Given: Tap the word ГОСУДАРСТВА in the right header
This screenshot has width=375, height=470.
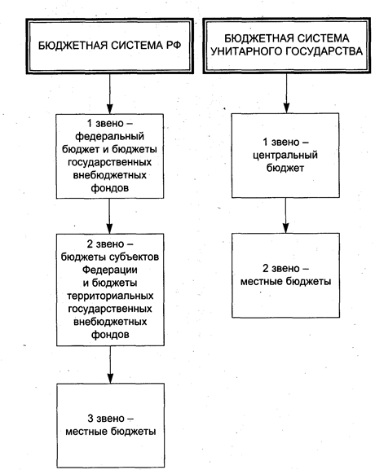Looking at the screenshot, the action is tap(324, 51).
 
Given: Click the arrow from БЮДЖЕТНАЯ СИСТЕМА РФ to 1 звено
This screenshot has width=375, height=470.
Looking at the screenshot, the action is tap(110, 94).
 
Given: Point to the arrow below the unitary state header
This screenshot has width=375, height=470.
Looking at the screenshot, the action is tap(286, 93).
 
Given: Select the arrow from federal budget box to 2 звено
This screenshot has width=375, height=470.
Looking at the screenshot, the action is tap(109, 216).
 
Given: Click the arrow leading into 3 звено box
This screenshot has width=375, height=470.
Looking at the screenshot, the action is tap(110, 365).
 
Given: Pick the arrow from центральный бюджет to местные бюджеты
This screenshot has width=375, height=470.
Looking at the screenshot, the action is tap(285, 216).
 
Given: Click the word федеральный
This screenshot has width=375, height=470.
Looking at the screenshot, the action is tap(109, 137).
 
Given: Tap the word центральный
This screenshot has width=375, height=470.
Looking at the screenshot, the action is tap(285, 156).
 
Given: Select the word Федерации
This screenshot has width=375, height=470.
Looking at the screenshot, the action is tap(110, 270).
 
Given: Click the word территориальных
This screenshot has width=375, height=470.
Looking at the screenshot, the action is tap(110, 296).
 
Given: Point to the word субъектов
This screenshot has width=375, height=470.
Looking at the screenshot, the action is tap(134, 257).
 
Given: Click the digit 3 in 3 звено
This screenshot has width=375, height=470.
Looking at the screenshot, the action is tap(90, 418).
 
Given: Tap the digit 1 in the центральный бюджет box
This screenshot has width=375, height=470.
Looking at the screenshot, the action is tap(265, 142).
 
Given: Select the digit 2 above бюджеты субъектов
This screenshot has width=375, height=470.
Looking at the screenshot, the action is tap(90, 244).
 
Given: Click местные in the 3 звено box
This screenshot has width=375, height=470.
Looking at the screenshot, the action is tap(86, 432).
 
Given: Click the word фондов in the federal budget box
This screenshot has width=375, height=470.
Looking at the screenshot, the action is tap(110, 188).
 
